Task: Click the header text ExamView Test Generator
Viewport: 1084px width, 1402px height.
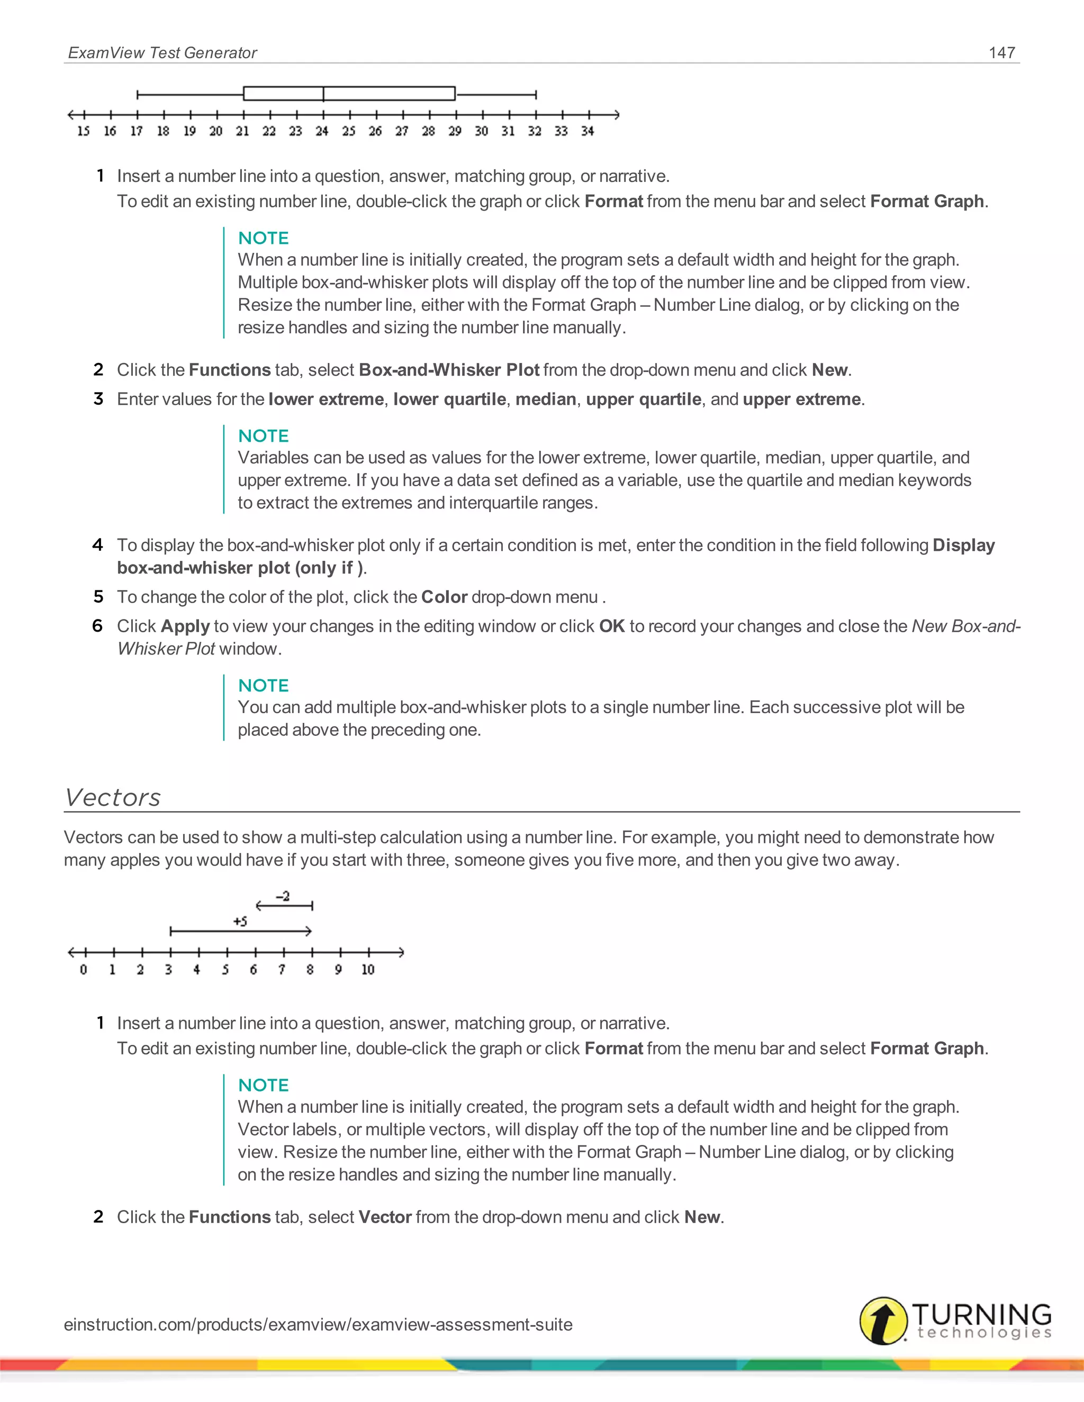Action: pyautogui.click(x=162, y=52)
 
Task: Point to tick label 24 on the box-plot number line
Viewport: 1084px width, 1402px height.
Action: pyautogui.click(x=322, y=131)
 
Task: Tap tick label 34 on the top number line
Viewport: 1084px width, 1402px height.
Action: pyautogui.click(x=588, y=131)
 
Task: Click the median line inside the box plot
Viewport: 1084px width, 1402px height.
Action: pyautogui.click(x=323, y=94)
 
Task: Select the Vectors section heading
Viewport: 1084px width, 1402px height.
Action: pyautogui.click(x=113, y=797)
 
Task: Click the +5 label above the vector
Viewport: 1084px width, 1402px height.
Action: pyautogui.click(x=240, y=921)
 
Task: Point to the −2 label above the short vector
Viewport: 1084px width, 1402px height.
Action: pyautogui.click(x=283, y=896)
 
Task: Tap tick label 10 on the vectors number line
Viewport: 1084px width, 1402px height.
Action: pyautogui.click(x=367, y=969)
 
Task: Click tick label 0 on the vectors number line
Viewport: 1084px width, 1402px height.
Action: pyautogui.click(x=84, y=969)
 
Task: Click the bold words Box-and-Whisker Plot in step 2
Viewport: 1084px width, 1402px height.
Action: pyautogui.click(x=449, y=370)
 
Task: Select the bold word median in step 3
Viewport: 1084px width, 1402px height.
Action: pyautogui.click(x=546, y=399)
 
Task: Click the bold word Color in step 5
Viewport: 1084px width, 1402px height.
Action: pyautogui.click(x=444, y=597)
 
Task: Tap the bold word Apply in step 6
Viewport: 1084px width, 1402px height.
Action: pyautogui.click(x=186, y=626)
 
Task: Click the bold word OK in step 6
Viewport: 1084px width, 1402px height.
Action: pyautogui.click(x=611, y=626)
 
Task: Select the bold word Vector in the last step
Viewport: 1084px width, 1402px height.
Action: pyautogui.click(x=385, y=1217)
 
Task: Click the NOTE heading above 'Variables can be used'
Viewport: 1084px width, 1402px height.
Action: pyautogui.click(x=263, y=436)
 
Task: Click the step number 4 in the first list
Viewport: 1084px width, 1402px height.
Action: pyautogui.click(x=97, y=545)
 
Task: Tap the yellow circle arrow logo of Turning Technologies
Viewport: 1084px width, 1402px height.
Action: pyautogui.click(x=883, y=1321)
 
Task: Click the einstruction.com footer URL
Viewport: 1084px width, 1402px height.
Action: pyautogui.click(x=318, y=1324)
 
